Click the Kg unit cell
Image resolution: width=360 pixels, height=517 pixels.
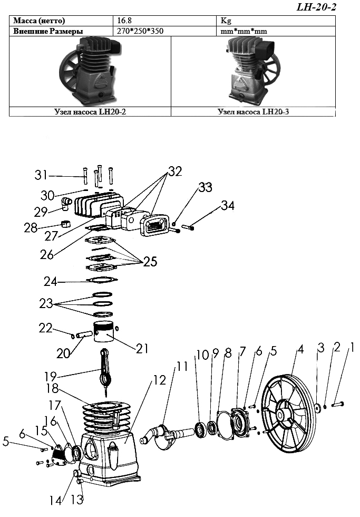pyautogui.click(x=226, y=21)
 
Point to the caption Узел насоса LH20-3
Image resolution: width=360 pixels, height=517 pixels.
pyautogui.click(x=254, y=112)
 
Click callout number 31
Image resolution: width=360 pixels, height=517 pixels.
pyautogui.click(x=42, y=175)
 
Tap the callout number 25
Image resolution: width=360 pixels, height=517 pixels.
pyautogui.click(x=150, y=262)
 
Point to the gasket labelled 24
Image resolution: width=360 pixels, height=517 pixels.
pyautogui.click(x=102, y=280)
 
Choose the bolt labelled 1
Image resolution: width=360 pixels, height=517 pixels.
pyautogui.click(x=338, y=404)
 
